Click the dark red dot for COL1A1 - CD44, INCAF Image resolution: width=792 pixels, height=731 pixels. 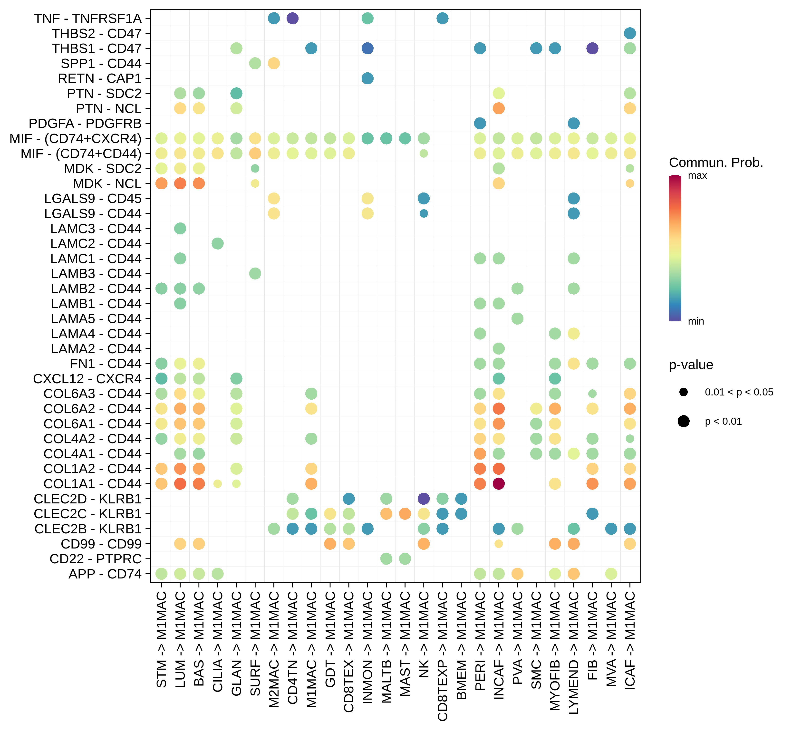pyautogui.click(x=498, y=483)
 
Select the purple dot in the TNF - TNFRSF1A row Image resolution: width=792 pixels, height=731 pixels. pyautogui.click(x=292, y=18)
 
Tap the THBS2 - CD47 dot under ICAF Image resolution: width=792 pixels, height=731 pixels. pyautogui.click(x=630, y=33)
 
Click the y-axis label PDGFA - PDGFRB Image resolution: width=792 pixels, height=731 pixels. pyautogui.click(x=85, y=123)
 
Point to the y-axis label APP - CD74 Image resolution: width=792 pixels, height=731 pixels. pyautogui.click(x=105, y=574)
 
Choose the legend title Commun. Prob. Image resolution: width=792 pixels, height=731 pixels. pyautogui.click(x=716, y=163)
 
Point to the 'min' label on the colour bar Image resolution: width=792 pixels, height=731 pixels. pyautogui.click(x=696, y=321)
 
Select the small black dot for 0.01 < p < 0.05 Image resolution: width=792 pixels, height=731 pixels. pyautogui.click(x=684, y=392)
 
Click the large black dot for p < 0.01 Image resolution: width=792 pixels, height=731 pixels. pyautogui.click(x=684, y=421)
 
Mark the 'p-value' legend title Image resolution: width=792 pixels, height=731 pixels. pyautogui.click(x=691, y=365)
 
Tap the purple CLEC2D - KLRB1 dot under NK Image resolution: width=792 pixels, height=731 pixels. pyautogui.click(x=424, y=498)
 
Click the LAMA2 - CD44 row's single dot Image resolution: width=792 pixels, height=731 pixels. pyautogui.click(x=498, y=348)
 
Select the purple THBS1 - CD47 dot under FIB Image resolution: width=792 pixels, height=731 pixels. pyautogui.click(x=592, y=48)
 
